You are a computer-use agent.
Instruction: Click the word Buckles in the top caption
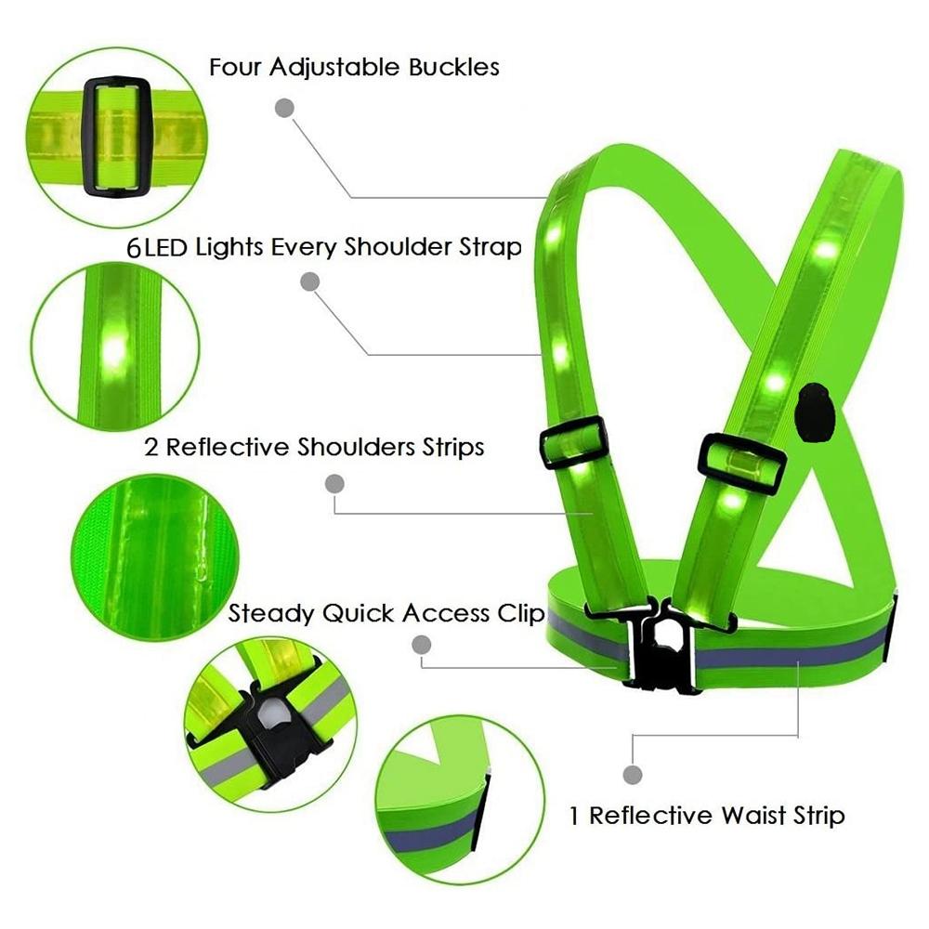(x=454, y=67)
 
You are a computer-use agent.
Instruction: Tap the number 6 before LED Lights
(x=135, y=248)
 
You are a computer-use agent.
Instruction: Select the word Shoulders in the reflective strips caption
(x=356, y=447)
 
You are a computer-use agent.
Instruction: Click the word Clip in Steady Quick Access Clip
(x=520, y=614)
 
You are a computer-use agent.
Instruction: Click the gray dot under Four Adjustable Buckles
(x=285, y=108)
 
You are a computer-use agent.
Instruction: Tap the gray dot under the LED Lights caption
(x=310, y=281)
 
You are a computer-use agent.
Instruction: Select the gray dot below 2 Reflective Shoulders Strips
(x=334, y=484)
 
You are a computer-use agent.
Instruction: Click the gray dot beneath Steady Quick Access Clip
(x=421, y=645)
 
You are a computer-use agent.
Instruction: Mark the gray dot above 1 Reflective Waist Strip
(x=633, y=775)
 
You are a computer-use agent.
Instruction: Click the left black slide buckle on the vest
(x=573, y=442)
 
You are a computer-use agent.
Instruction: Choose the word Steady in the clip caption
(x=271, y=614)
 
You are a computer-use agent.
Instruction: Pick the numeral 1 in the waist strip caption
(x=573, y=816)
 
